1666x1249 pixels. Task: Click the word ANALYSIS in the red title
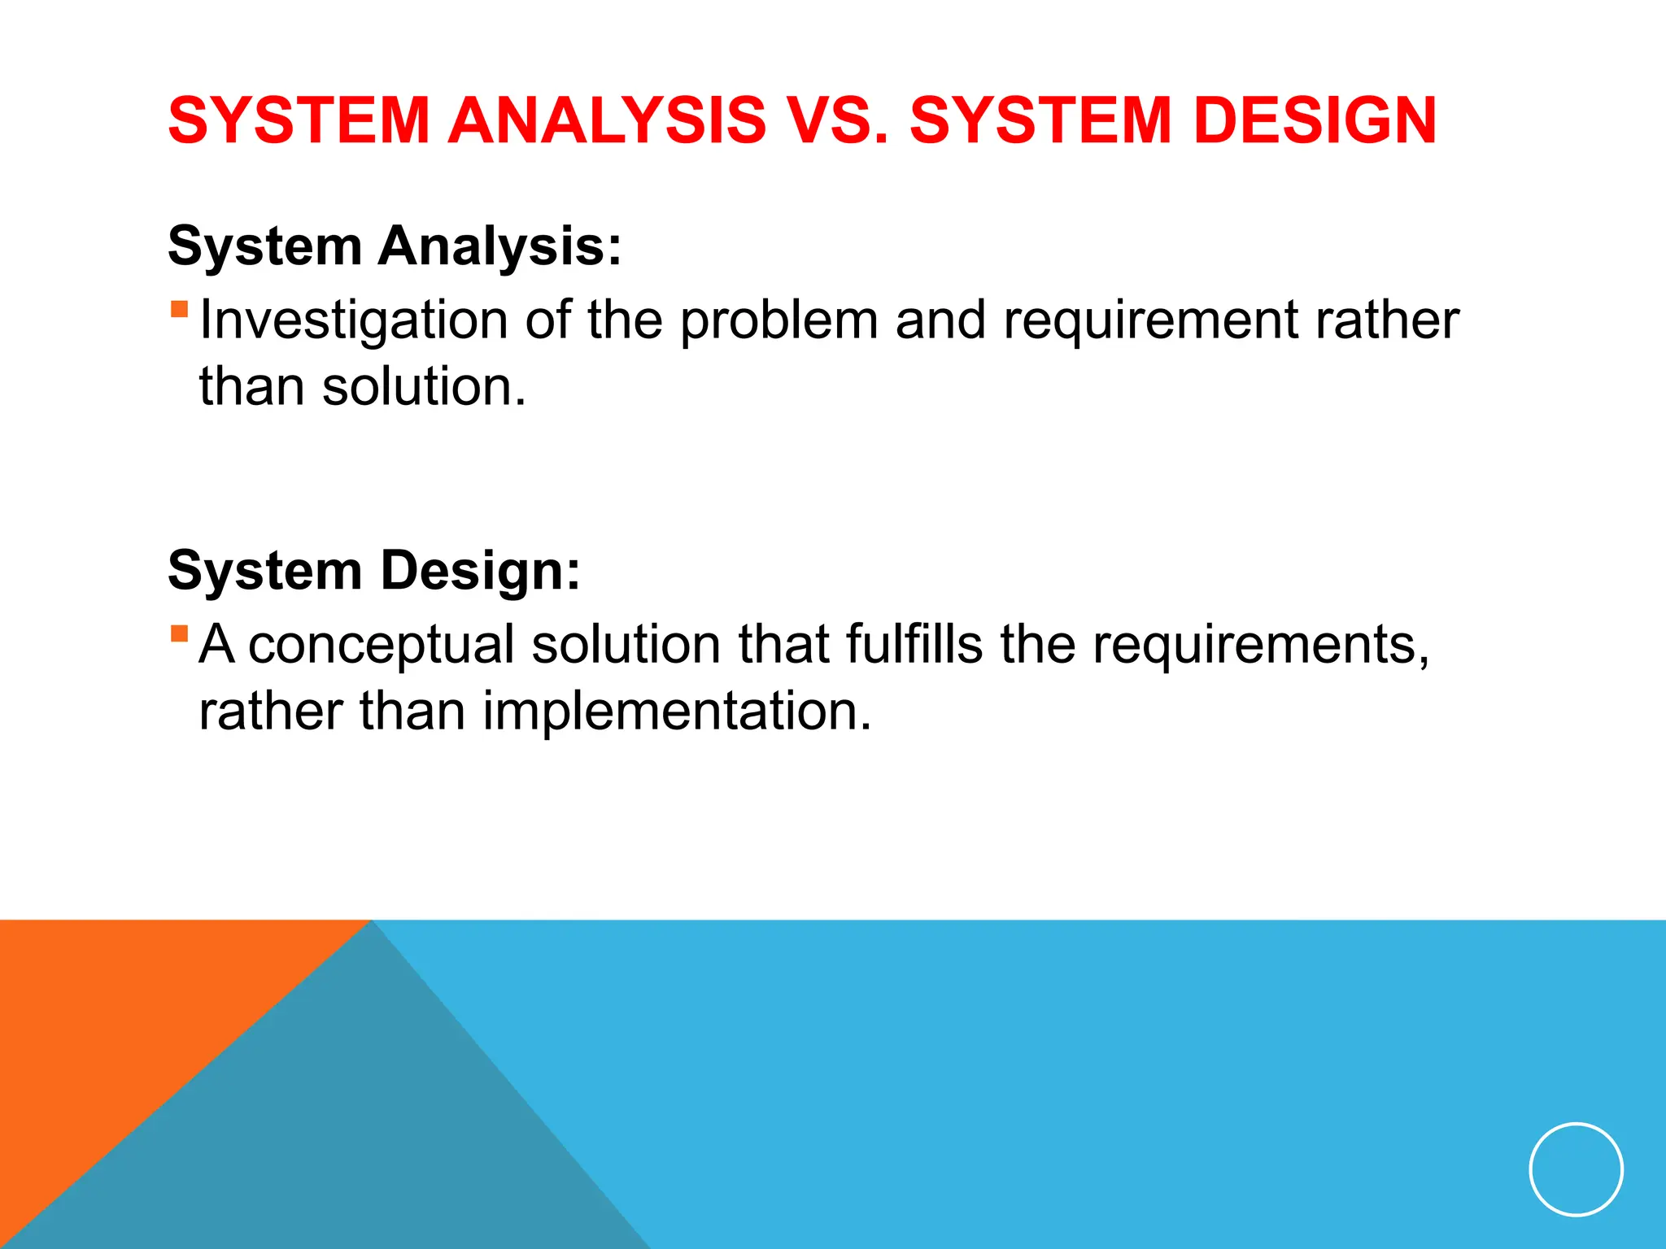click(607, 121)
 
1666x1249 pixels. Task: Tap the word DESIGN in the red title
click(1315, 121)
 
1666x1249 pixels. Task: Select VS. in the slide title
click(837, 121)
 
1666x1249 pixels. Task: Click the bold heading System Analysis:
click(395, 246)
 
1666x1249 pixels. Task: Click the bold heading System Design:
click(374, 570)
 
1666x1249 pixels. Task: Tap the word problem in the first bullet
click(778, 320)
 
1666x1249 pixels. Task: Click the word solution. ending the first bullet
click(424, 386)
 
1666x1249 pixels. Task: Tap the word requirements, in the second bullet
click(1260, 645)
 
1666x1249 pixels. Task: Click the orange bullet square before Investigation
click(179, 309)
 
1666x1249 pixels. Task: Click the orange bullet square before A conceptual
click(179, 633)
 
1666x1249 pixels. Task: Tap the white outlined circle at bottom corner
click(1576, 1169)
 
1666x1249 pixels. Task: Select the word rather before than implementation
click(271, 712)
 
